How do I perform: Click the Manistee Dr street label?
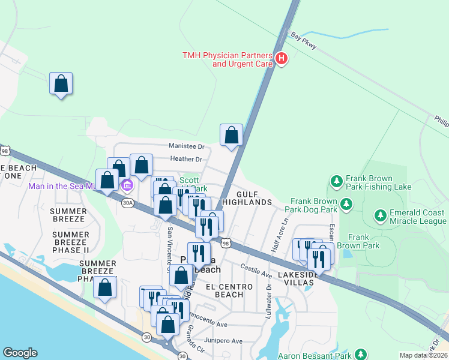click(x=187, y=146)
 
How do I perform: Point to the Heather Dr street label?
click(x=187, y=159)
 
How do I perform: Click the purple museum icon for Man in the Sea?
click(x=127, y=186)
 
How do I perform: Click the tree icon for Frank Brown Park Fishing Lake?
click(x=336, y=180)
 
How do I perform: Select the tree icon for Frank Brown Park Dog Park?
click(x=346, y=205)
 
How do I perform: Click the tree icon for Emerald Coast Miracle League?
click(x=379, y=215)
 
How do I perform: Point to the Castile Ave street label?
click(x=256, y=270)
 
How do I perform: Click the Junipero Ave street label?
click(x=224, y=341)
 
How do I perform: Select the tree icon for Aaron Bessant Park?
click(x=361, y=355)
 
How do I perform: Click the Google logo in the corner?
click(x=20, y=353)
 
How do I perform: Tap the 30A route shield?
click(x=127, y=203)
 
